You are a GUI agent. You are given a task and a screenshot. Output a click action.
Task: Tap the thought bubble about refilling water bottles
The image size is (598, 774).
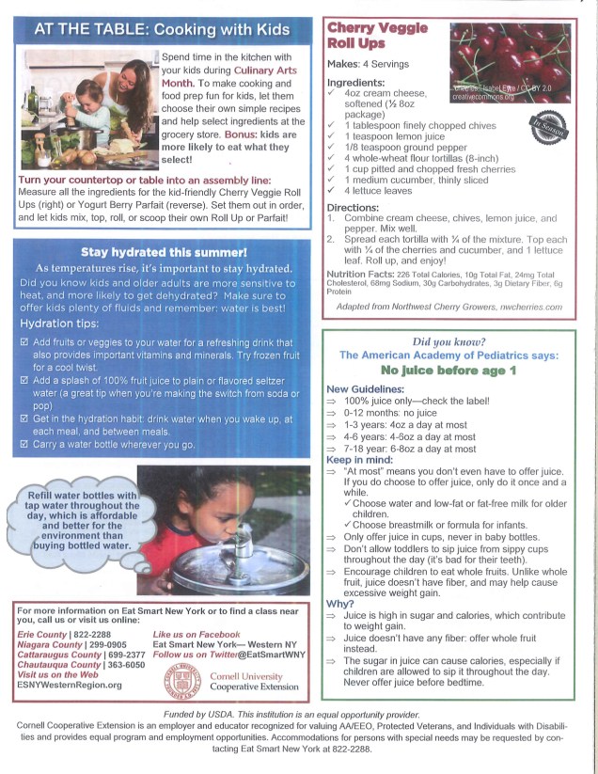tap(83, 519)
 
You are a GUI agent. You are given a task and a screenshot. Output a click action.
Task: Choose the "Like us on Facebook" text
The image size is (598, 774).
tap(197, 635)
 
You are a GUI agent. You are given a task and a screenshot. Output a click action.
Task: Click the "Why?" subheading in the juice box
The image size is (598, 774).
tap(339, 603)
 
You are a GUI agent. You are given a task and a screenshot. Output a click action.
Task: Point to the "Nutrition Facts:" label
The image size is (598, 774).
tap(361, 274)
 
